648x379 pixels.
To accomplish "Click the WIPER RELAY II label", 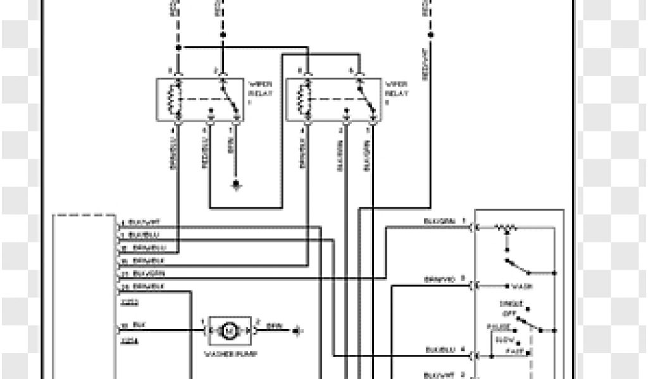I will [396, 93].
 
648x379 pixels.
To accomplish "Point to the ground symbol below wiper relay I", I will [236, 184].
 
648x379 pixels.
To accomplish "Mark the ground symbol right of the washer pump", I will [297, 329].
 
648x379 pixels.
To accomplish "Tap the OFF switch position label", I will [508, 311].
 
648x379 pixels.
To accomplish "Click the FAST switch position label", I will [516, 350].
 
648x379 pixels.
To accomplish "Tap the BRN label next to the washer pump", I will [275, 327].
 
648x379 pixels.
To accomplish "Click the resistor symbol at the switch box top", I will [506, 226].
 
